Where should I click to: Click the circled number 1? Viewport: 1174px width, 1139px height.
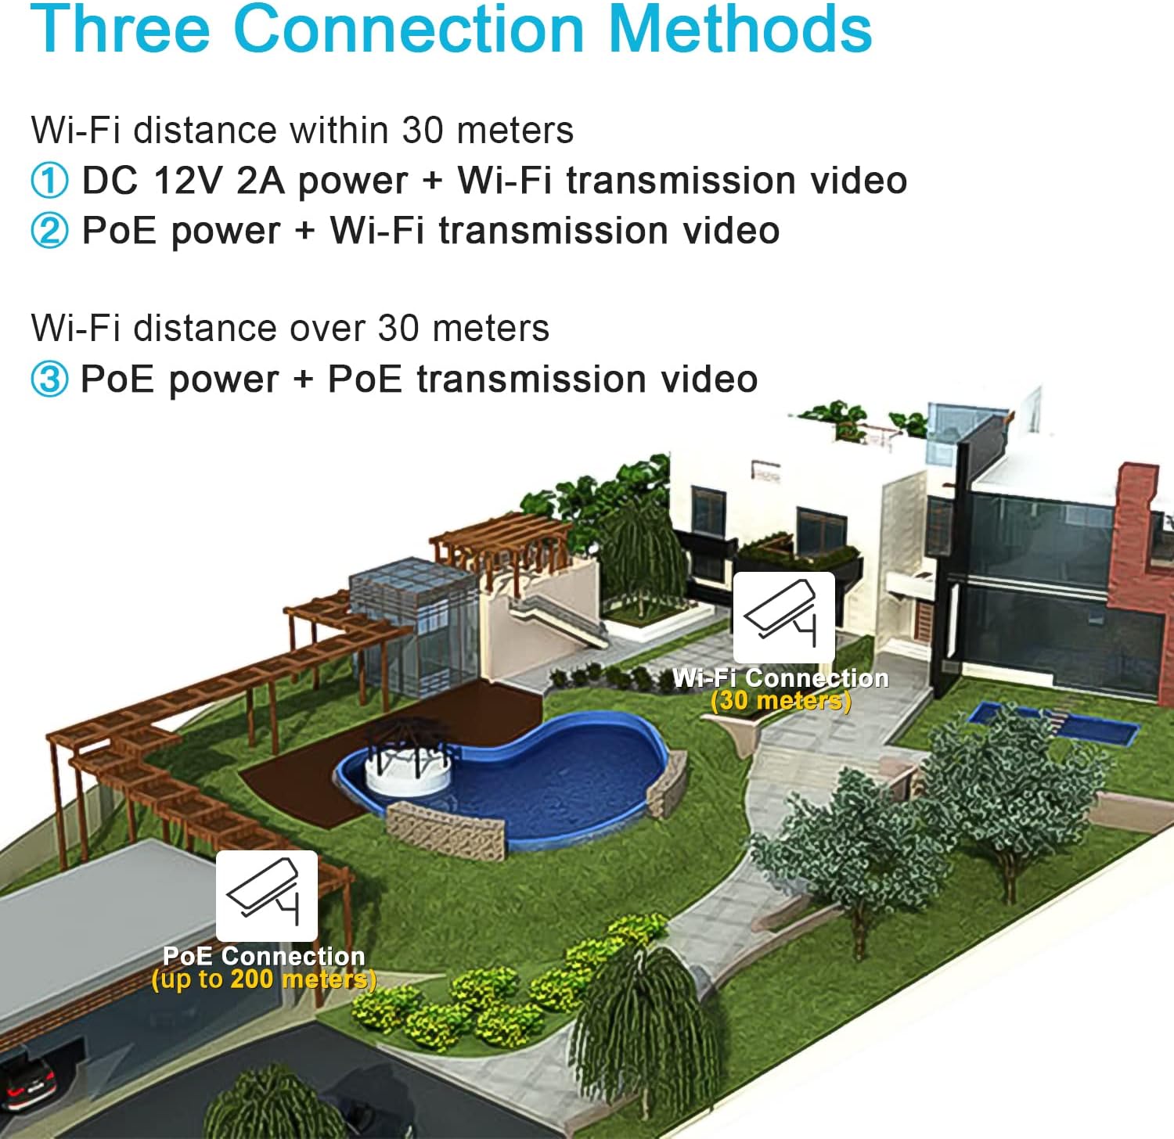(49, 181)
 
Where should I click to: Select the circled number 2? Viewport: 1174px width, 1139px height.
(49, 231)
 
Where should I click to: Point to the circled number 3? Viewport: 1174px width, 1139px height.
(49, 379)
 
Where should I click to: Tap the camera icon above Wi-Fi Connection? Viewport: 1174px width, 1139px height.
(783, 617)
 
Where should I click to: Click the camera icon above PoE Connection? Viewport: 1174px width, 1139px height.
(267, 896)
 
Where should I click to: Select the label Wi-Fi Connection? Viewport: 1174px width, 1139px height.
(781, 677)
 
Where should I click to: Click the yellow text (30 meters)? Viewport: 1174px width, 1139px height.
(781, 700)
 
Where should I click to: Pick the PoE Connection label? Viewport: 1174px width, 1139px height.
(264, 956)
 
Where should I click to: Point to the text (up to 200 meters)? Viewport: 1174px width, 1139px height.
(264, 979)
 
